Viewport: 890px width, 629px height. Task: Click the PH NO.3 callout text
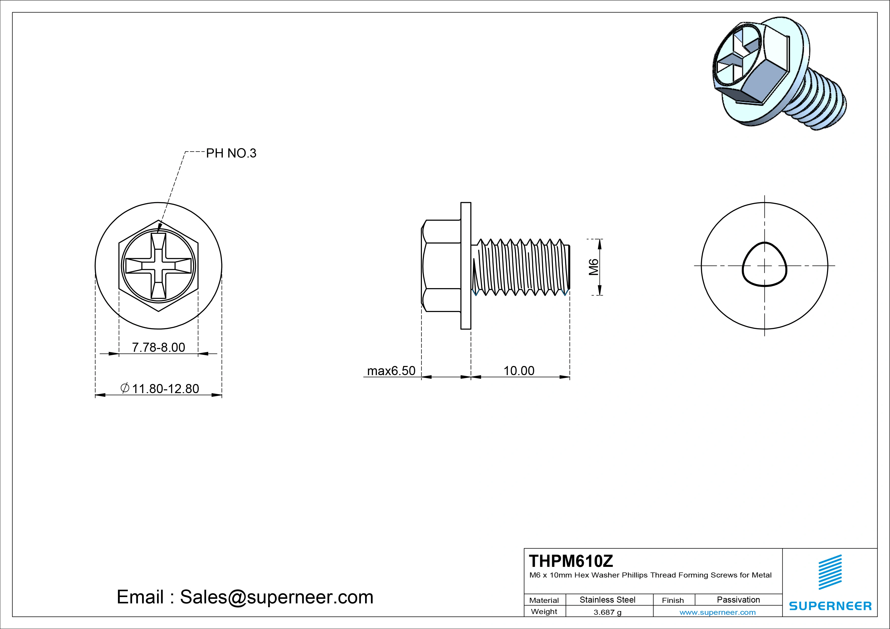pyautogui.click(x=231, y=153)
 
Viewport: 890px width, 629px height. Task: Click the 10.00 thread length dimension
pyautogui.click(x=519, y=371)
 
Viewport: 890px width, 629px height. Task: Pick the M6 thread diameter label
pyautogui.click(x=593, y=267)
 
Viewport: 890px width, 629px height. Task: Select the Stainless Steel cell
pyautogui.click(x=607, y=600)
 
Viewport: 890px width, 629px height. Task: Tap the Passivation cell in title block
pyautogui.click(x=738, y=600)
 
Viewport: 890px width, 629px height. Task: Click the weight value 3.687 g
pyautogui.click(x=607, y=612)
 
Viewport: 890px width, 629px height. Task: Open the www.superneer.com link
pyautogui.click(x=717, y=612)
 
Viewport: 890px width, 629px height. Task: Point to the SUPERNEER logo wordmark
pyautogui.click(x=830, y=606)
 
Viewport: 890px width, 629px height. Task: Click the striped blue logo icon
pyautogui.click(x=830, y=572)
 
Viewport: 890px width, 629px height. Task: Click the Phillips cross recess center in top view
pyautogui.click(x=159, y=266)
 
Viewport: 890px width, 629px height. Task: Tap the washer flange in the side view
pyautogui.click(x=466, y=266)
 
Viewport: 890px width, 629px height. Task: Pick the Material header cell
pyautogui.click(x=544, y=600)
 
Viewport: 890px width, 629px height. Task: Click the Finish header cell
pyautogui.click(x=673, y=600)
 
